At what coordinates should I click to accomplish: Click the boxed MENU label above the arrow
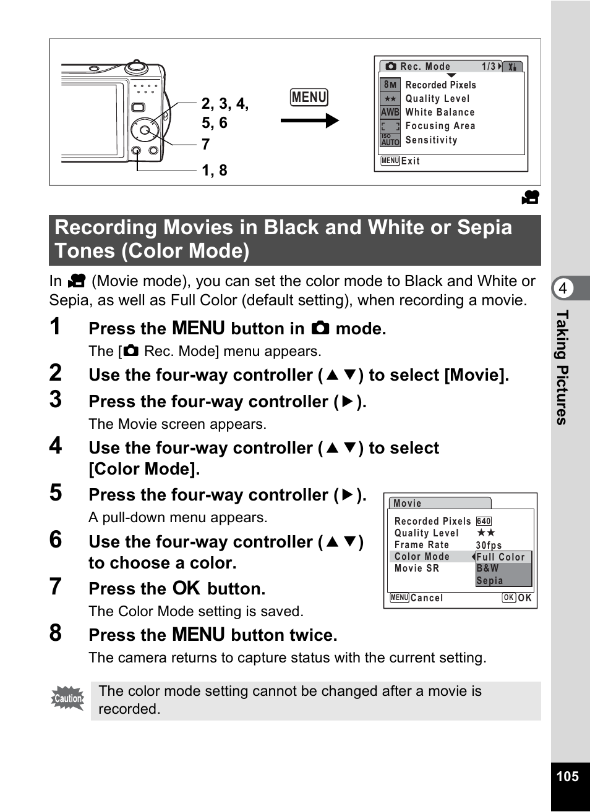(x=309, y=97)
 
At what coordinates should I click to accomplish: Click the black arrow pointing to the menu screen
(x=309, y=121)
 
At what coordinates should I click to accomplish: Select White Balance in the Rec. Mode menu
(x=440, y=112)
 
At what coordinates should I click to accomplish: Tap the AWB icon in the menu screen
(x=390, y=112)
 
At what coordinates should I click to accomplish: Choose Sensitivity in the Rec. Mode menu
(x=431, y=140)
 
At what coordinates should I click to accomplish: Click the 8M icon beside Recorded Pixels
(x=390, y=85)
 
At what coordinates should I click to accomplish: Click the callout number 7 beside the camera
(x=206, y=144)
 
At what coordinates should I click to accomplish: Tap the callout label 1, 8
(x=215, y=171)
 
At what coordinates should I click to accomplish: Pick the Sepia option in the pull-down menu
(x=489, y=580)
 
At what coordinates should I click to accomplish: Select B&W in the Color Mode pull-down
(x=487, y=568)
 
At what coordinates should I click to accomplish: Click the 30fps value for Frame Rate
(x=489, y=545)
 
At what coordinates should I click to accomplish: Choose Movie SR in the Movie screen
(x=417, y=568)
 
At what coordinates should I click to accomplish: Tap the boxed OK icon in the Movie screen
(x=509, y=598)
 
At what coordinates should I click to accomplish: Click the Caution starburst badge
(x=68, y=698)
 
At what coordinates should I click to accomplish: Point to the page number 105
(x=568, y=776)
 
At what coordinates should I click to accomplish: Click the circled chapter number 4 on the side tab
(x=563, y=288)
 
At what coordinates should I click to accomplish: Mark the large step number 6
(x=56, y=539)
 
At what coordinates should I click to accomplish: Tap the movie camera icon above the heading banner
(x=531, y=197)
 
